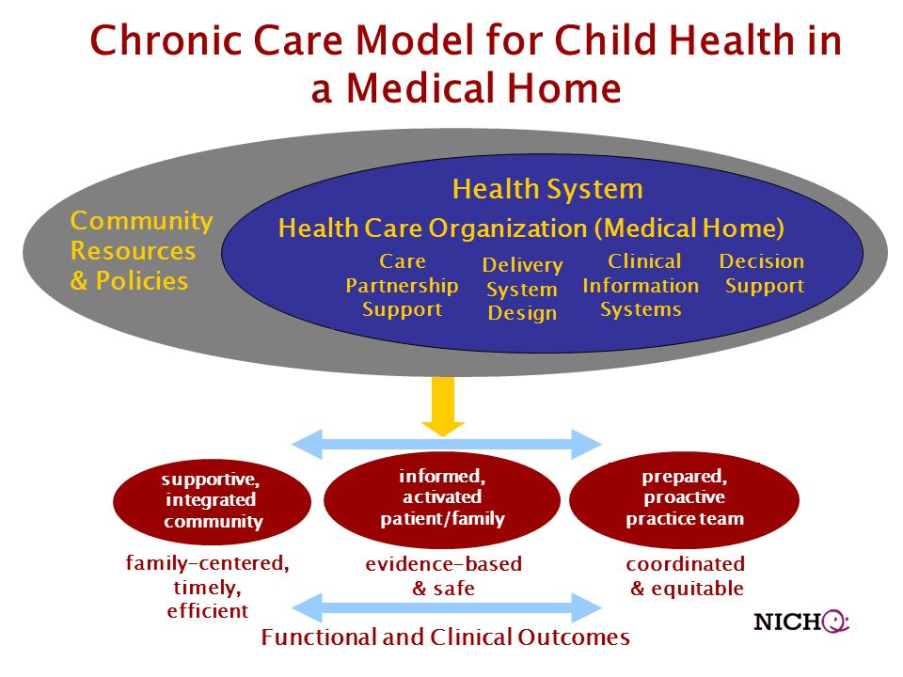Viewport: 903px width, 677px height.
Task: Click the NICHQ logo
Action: click(x=801, y=622)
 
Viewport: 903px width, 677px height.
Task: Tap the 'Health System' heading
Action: click(x=547, y=189)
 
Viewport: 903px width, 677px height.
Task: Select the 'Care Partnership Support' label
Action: click(x=402, y=285)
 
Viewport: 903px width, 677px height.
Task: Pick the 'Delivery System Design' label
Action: click(x=522, y=289)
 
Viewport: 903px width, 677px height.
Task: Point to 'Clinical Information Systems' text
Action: click(x=641, y=285)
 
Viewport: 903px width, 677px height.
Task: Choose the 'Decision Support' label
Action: click(x=762, y=274)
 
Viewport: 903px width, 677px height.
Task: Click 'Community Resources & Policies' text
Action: click(x=141, y=250)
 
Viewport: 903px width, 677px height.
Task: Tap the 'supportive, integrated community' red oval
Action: click(x=212, y=501)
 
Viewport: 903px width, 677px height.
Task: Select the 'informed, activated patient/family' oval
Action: click(x=442, y=499)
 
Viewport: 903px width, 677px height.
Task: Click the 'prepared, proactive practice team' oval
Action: click(x=684, y=499)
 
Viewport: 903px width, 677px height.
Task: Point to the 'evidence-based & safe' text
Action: click(x=443, y=575)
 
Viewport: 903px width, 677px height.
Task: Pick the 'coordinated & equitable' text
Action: click(x=686, y=575)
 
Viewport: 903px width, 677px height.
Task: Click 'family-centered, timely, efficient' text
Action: click(x=207, y=587)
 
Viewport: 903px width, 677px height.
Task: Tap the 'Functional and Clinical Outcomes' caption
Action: click(x=445, y=638)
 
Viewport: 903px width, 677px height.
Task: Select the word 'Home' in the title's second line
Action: click(x=564, y=88)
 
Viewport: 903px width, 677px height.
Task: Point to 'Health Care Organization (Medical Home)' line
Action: click(x=531, y=228)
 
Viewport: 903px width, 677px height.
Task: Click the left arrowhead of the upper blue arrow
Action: click(x=307, y=444)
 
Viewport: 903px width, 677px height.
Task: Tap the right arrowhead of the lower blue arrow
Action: click(x=587, y=607)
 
